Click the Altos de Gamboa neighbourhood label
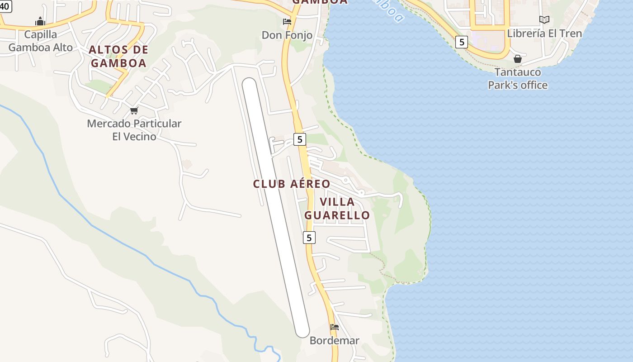tap(118, 56)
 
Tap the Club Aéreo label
tap(292, 184)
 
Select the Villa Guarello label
tap(337, 208)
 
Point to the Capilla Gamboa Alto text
tap(41, 41)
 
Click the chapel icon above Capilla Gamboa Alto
tap(40, 21)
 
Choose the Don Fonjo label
tap(287, 35)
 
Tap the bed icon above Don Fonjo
tap(287, 21)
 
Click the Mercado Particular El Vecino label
tap(134, 129)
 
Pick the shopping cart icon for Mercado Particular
tap(134, 110)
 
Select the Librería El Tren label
tap(544, 33)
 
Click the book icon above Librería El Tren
tap(544, 19)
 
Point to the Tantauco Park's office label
tap(518, 78)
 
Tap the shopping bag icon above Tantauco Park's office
tap(518, 59)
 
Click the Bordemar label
tap(334, 340)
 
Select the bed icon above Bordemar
tap(334, 327)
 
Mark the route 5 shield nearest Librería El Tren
tap(461, 43)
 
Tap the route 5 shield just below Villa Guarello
tap(309, 237)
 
